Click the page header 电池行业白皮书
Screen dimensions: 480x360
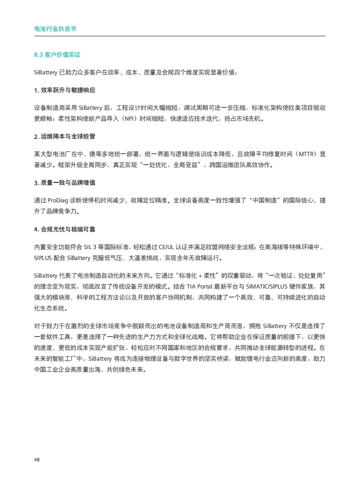pyautogui.click(x=55, y=29)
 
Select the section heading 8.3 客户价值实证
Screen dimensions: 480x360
pyautogui.click(x=57, y=54)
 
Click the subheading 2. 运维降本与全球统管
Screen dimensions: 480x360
pyautogui.click(x=65, y=137)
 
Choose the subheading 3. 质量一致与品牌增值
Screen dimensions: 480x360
pyautogui.click(x=65, y=182)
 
